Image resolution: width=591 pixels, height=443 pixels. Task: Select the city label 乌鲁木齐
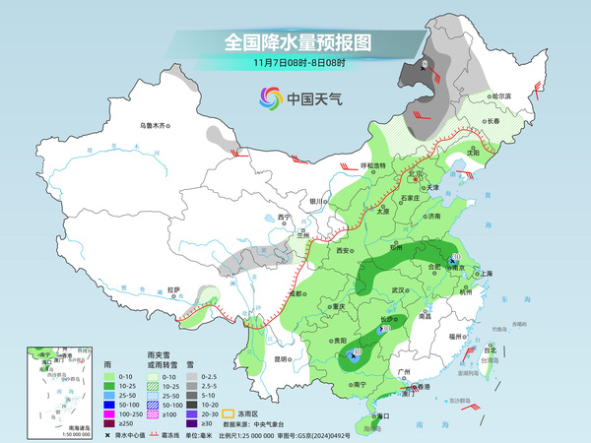(x=155, y=126)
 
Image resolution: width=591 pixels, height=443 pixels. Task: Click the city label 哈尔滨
(x=502, y=95)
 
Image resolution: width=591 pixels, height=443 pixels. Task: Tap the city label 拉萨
(x=173, y=289)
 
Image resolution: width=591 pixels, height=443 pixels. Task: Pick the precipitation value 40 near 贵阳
(x=358, y=352)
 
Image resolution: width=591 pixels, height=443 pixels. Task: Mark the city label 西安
(x=342, y=252)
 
